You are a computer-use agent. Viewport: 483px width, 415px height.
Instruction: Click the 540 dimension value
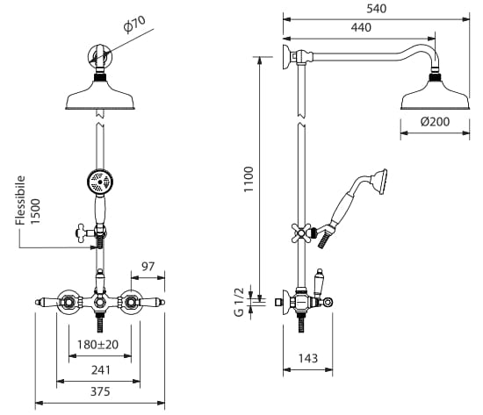tap(376, 9)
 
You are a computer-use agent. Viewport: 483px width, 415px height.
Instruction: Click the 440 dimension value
tap(361, 28)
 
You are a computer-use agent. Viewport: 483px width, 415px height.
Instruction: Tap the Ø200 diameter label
tap(435, 122)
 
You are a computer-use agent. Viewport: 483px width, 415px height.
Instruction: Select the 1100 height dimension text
tap(249, 179)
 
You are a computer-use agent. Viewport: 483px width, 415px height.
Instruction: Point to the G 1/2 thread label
tap(239, 302)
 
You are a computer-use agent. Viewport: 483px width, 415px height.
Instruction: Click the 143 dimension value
tap(307, 358)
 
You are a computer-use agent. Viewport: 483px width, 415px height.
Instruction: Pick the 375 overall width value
tap(100, 391)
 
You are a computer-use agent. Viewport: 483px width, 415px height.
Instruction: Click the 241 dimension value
tap(100, 369)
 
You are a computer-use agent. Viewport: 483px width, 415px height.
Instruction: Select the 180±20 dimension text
tap(97, 345)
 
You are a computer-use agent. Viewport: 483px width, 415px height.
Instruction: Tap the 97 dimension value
tap(148, 267)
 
